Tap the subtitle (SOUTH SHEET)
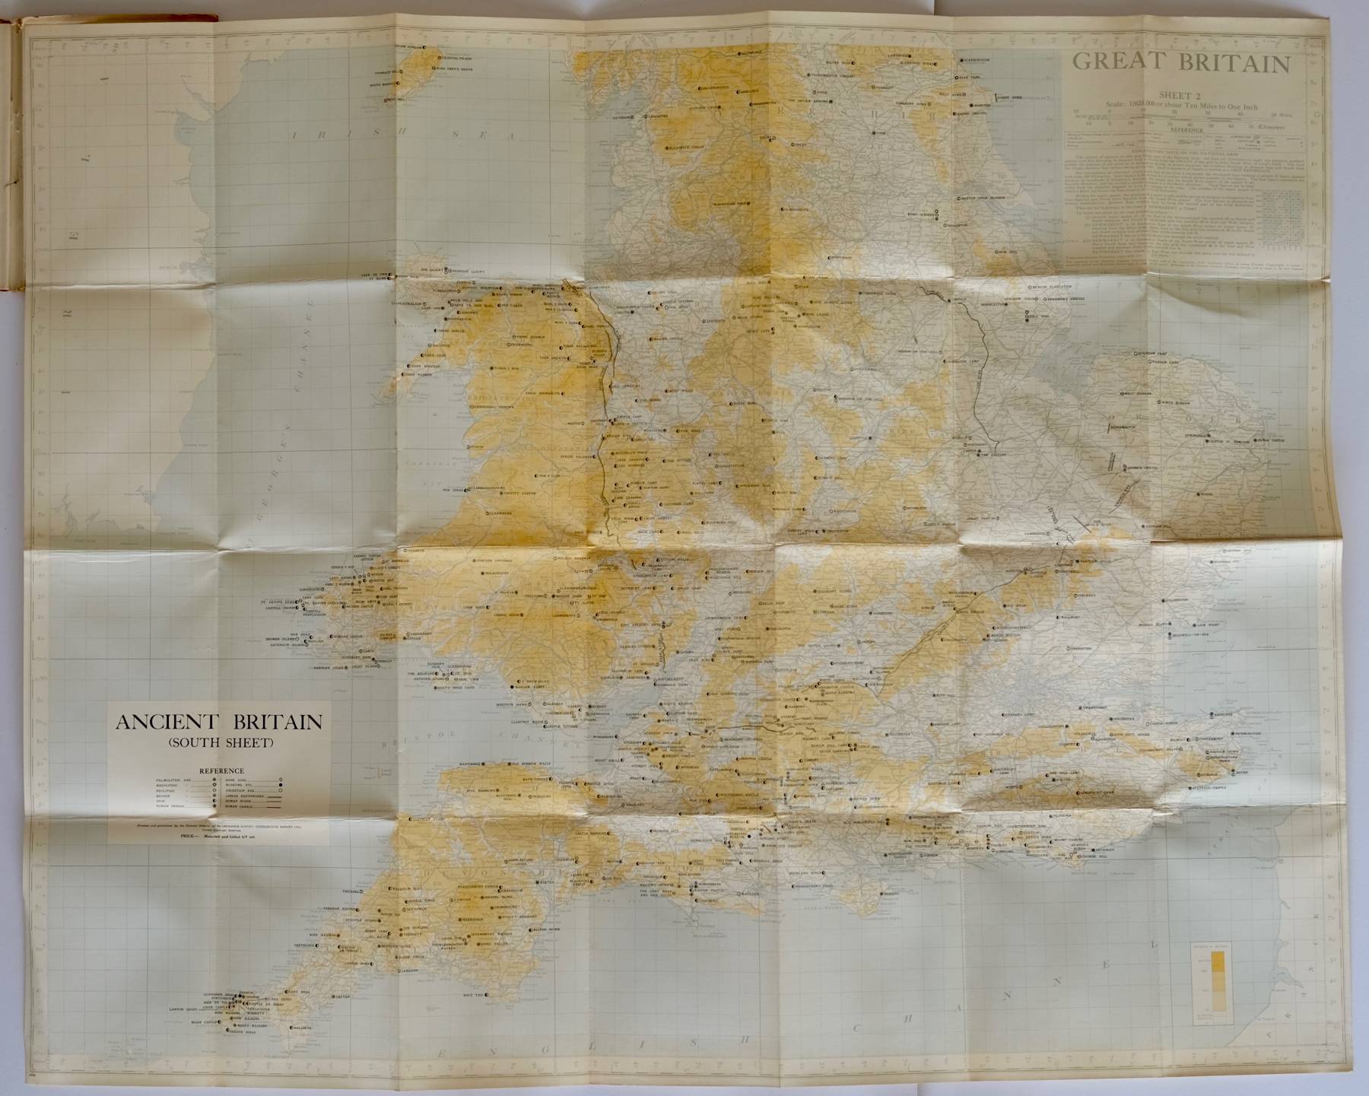coord(219,743)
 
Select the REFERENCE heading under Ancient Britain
coord(221,770)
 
